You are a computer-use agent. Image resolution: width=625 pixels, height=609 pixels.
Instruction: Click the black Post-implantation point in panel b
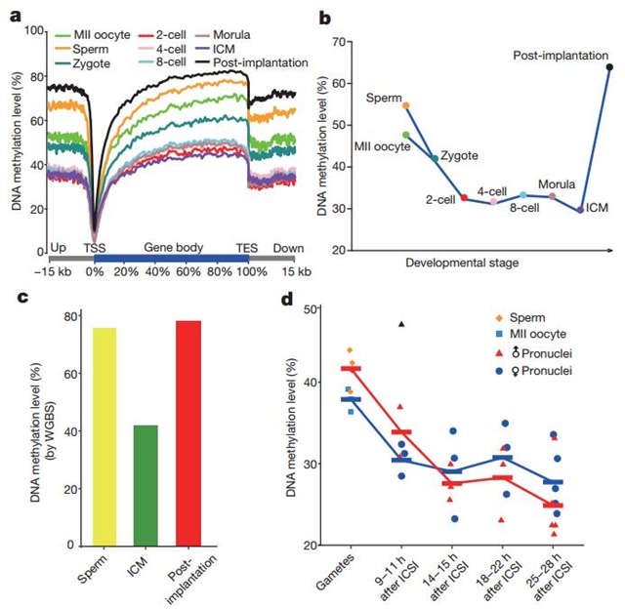(x=609, y=67)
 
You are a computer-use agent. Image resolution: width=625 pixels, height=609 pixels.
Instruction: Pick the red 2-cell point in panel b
(x=464, y=198)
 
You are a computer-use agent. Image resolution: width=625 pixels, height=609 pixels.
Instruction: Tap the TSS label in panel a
(x=94, y=248)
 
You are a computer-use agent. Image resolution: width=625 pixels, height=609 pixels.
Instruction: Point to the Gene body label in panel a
(x=170, y=248)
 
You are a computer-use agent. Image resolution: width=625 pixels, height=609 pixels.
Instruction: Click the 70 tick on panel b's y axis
(x=350, y=42)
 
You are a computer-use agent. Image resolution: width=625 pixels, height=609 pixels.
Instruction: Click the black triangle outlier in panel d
(x=400, y=324)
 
